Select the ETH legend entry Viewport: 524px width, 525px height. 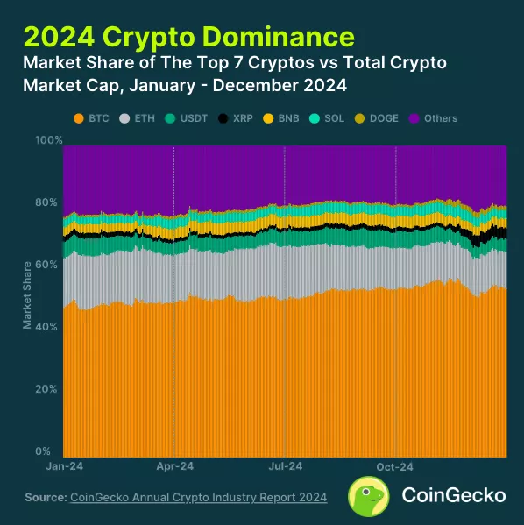point(140,118)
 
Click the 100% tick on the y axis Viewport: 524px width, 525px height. point(48,140)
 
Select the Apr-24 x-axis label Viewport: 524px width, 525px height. point(174,468)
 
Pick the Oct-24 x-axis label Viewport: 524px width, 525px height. point(396,468)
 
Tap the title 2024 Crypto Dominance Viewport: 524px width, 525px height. point(189,37)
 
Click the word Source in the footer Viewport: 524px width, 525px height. point(45,498)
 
